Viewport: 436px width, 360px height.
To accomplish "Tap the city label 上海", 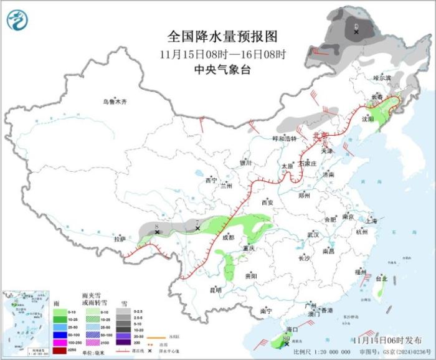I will point(371,220).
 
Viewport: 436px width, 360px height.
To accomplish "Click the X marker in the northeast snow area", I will point(356,31).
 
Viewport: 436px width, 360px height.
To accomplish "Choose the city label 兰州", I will point(225,186).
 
